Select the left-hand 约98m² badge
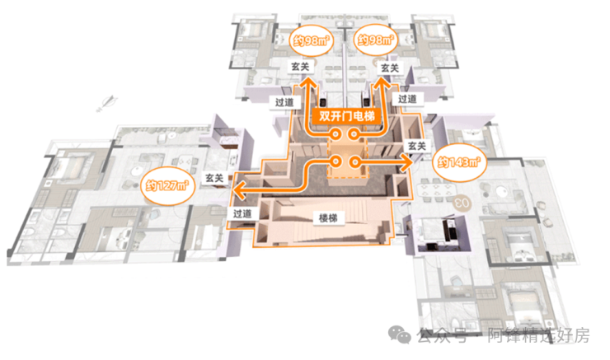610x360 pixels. click(309, 40)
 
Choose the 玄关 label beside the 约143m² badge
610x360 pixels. click(417, 147)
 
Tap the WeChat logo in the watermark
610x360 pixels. click(401, 334)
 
